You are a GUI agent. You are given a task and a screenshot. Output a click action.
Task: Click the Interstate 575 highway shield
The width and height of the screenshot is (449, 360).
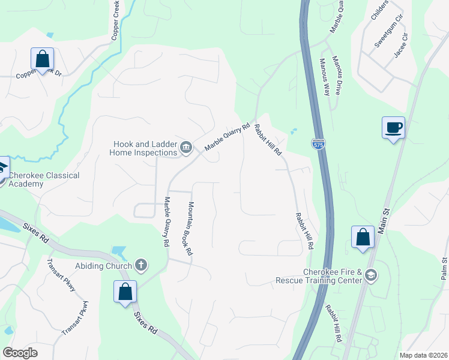click(x=318, y=144)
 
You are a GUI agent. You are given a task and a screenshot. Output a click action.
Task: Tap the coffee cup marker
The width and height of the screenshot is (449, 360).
click(x=393, y=128)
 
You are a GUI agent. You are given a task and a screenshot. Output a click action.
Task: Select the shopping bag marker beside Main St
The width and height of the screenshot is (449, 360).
click(x=363, y=236)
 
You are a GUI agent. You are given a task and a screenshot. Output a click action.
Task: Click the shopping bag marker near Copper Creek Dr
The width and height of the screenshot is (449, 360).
click(x=42, y=59)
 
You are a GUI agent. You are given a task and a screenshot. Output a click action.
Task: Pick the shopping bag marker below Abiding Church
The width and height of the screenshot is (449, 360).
click(x=125, y=292)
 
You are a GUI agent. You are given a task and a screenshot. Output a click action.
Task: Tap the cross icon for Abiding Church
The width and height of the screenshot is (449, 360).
click(x=141, y=264)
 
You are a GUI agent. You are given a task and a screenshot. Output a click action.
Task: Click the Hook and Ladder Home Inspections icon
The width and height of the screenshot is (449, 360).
click(x=186, y=147)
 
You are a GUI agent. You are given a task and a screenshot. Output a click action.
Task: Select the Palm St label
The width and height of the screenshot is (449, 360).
click(x=444, y=268)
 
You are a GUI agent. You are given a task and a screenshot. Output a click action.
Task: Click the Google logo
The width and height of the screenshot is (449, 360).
click(x=20, y=353)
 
